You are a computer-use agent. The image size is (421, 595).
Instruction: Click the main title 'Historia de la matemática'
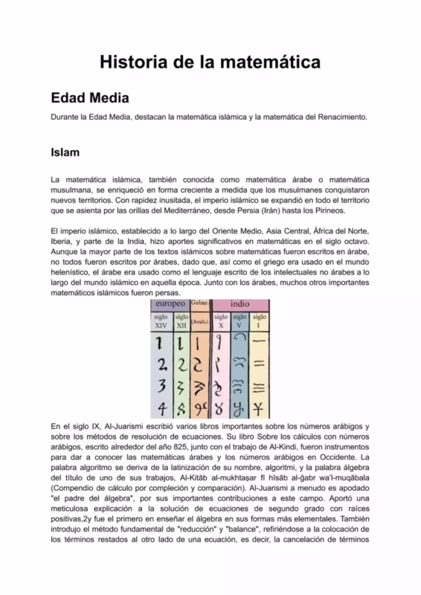210,62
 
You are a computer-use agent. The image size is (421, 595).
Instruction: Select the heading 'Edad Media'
89,98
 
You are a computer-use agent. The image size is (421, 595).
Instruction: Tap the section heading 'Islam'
65,152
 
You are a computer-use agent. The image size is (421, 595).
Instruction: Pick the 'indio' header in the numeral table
240,304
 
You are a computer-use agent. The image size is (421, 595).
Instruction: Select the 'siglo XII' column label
181,321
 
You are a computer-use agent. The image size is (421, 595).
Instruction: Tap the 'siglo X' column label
220,321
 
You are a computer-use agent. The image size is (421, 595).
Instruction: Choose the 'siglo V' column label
240,321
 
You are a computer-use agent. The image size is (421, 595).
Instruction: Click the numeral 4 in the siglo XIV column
160,408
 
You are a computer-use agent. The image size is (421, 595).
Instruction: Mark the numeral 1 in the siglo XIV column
159,343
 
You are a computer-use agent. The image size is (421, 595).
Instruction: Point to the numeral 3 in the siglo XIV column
160,387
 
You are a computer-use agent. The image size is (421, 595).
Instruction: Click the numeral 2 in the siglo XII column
181,364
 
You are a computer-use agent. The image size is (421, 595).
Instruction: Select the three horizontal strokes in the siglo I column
260,387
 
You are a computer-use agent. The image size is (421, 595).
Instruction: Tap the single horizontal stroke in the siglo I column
260,343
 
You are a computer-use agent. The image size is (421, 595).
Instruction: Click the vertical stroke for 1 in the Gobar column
200,343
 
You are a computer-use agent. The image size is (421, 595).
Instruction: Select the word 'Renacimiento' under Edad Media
344,118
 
